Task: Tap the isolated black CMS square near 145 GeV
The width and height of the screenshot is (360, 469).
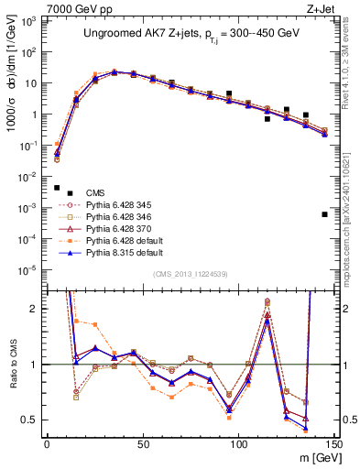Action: (x=325, y=214)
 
